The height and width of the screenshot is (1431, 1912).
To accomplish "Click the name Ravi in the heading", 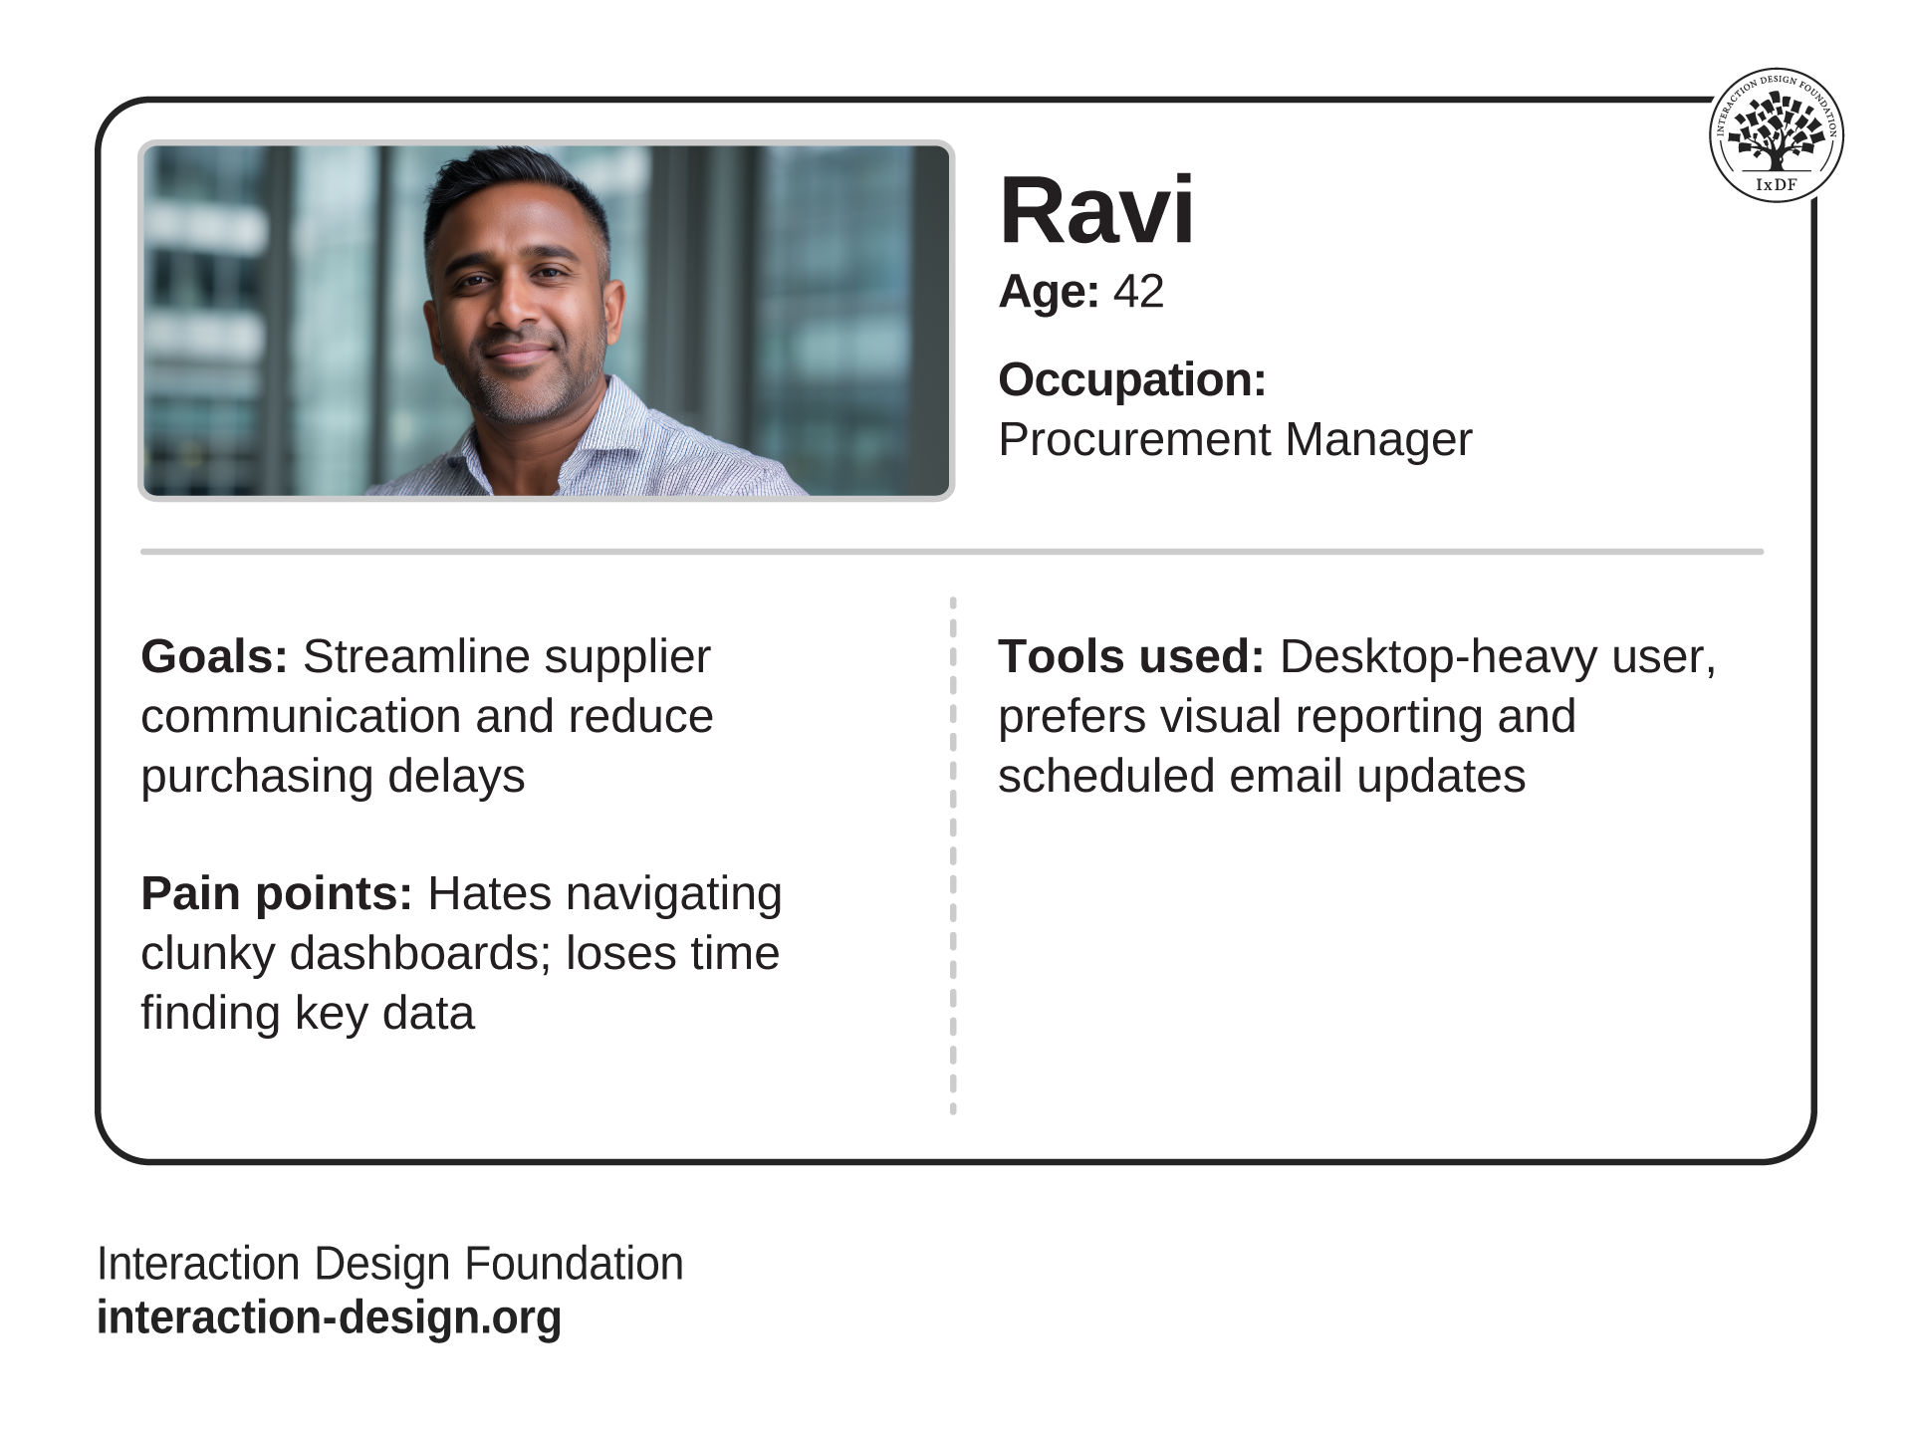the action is pyautogui.click(x=1096, y=210).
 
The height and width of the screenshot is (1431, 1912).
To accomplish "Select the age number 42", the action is pyautogui.click(x=1138, y=292).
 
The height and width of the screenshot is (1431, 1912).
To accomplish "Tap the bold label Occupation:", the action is pyautogui.click(x=1132, y=379).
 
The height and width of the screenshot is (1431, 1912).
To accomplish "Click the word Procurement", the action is pyautogui.click(x=1135, y=440).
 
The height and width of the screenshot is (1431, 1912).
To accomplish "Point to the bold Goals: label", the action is pyautogui.click(x=214, y=657).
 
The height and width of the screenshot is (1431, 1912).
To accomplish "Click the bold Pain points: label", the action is pyautogui.click(x=277, y=894).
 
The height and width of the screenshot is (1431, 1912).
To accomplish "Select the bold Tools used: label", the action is pyautogui.click(x=1131, y=657).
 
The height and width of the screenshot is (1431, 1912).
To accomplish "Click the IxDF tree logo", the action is pyautogui.click(x=1776, y=134).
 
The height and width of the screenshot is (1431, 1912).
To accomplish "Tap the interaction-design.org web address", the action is pyautogui.click(x=329, y=1317).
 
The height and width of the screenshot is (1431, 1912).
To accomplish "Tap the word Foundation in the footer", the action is pyautogui.click(x=574, y=1264).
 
